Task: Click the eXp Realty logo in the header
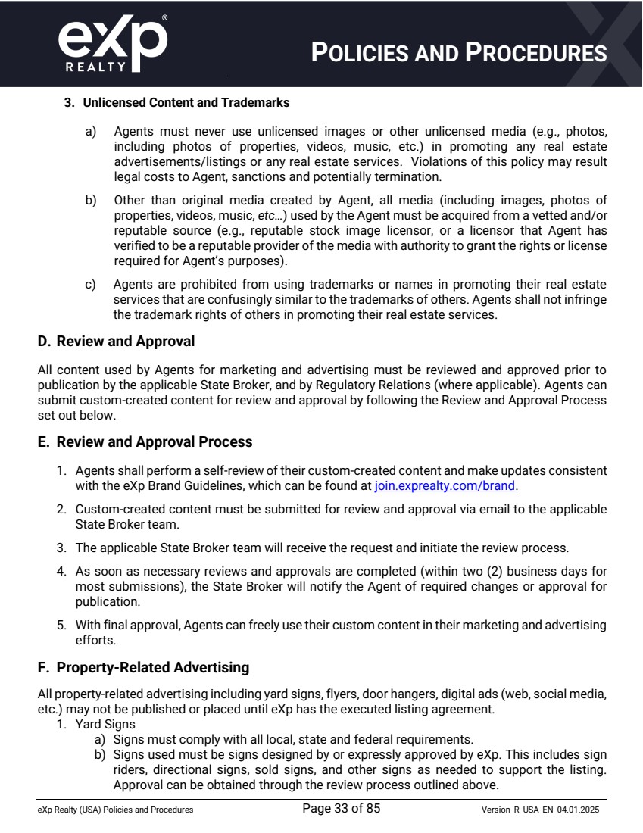coord(111,43)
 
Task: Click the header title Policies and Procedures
coord(460,53)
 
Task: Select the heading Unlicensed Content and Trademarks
coord(186,102)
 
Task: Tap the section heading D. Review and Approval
coord(116,342)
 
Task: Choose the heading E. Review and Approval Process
coord(145,441)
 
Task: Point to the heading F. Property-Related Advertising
coord(143,667)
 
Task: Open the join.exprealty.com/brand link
coord(445,485)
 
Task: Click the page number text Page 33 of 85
coord(341,809)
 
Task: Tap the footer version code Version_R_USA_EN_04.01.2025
coord(541,810)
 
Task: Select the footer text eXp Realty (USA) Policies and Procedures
coord(115,810)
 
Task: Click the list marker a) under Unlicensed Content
coord(90,131)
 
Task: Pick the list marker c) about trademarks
coord(90,285)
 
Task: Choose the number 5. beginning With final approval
coord(61,625)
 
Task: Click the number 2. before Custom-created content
coord(61,509)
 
